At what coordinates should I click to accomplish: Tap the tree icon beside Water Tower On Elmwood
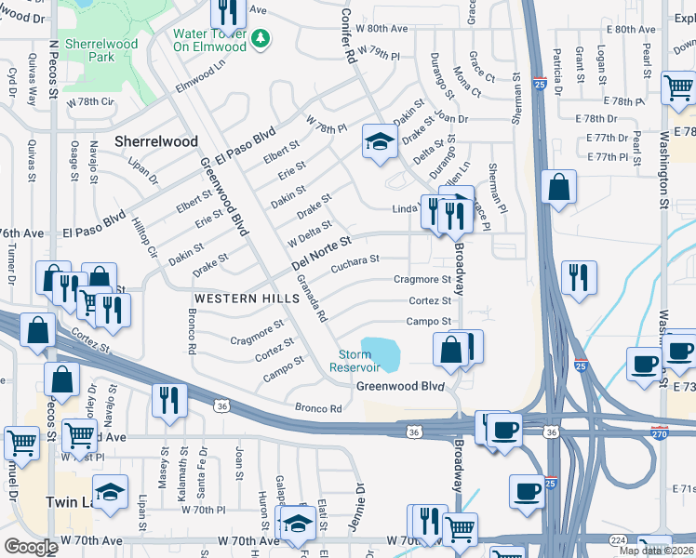point(263,37)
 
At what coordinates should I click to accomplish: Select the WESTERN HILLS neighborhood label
point(234,299)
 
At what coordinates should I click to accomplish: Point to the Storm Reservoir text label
point(355,361)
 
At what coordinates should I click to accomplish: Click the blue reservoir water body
point(382,352)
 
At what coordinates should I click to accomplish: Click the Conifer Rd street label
point(348,37)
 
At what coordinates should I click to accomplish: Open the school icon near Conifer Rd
point(379,142)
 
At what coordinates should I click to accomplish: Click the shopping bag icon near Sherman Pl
point(558,186)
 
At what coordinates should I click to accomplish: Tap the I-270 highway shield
point(658,432)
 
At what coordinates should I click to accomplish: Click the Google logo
point(31,546)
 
